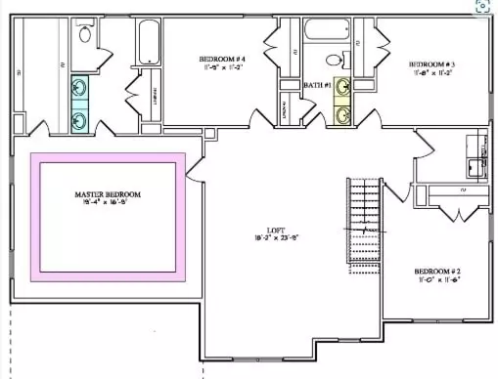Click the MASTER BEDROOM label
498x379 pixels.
tap(108, 194)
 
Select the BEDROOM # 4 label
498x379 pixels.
tap(221, 61)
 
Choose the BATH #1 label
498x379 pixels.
tap(316, 86)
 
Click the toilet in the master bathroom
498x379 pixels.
tap(85, 35)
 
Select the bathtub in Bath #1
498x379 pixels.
tap(327, 29)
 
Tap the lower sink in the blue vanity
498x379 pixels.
tap(80, 119)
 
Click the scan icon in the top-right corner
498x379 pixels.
tap(482, 5)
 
